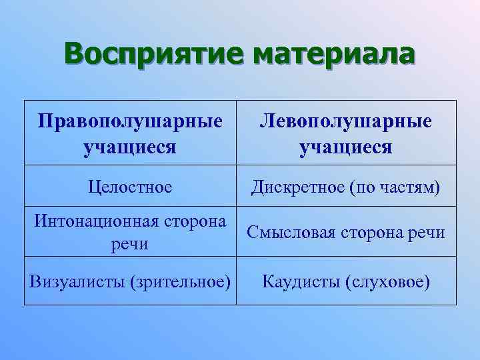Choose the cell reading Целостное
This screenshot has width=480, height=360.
(130, 187)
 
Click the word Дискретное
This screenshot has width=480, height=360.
(297, 187)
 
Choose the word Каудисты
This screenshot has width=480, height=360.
(301, 281)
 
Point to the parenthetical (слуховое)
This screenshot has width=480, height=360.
(387, 281)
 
